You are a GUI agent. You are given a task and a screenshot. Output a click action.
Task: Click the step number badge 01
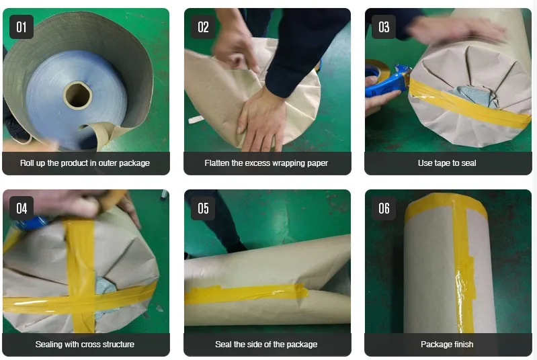click(x=22, y=27)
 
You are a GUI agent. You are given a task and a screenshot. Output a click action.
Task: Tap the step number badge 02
click(x=203, y=27)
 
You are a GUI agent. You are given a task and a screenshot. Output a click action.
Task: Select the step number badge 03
click(x=384, y=27)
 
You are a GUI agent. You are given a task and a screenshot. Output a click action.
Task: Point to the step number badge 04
click(x=22, y=208)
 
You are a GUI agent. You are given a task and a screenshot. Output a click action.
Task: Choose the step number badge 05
click(x=203, y=208)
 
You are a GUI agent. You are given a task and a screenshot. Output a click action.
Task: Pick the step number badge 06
click(x=384, y=208)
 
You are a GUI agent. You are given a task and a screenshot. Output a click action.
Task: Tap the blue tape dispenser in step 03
click(x=387, y=81)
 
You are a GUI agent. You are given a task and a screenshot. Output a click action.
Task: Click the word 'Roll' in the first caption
click(x=27, y=163)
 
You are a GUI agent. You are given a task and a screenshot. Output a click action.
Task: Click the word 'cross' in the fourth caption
click(x=91, y=345)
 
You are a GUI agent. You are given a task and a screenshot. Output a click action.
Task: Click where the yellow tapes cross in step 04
click(x=81, y=300)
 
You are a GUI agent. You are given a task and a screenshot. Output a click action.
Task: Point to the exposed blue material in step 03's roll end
click(x=474, y=93)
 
